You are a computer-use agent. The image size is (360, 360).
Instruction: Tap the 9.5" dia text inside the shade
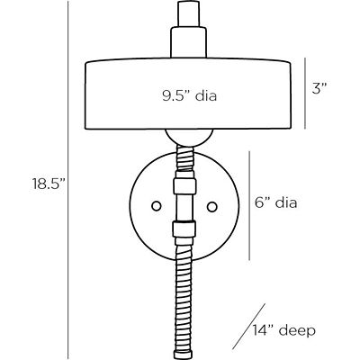tap(191, 94)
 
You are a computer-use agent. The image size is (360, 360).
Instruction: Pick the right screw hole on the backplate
tap(212, 205)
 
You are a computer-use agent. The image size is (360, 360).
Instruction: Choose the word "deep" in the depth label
tap(298, 330)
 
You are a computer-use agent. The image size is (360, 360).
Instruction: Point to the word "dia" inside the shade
tap(207, 94)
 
